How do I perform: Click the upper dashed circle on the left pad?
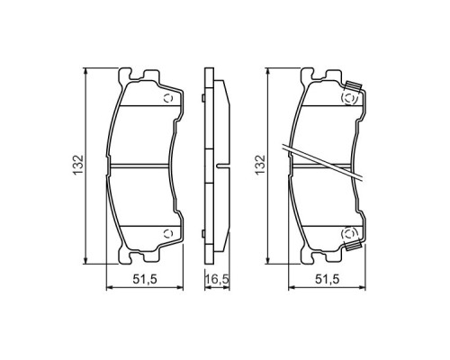(x=166, y=99)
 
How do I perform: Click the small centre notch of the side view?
(x=220, y=166)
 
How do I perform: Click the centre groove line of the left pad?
(x=144, y=166)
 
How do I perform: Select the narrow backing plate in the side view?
(x=206, y=166)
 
